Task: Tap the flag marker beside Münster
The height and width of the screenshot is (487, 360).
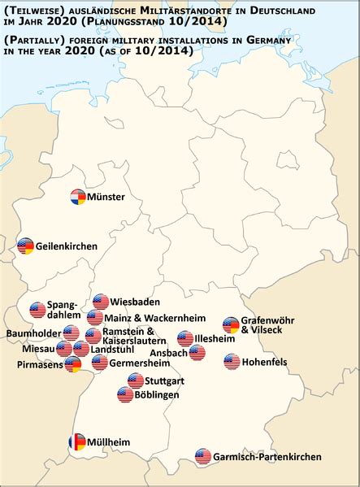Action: [78, 197]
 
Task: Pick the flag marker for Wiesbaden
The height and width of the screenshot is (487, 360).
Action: [101, 302]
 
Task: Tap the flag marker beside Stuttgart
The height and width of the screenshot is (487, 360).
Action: [136, 380]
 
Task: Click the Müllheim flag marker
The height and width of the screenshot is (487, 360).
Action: [76, 442]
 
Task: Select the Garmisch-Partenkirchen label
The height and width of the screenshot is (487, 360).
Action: [262, 458]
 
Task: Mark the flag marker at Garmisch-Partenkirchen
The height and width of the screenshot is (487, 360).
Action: [203, 457]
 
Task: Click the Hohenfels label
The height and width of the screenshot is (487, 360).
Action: [270, 362]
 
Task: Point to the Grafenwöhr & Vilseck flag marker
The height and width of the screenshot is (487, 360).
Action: [231, 325]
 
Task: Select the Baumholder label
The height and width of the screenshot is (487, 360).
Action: [33, 333]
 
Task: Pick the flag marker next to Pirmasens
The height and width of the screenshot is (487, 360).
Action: [73, 365]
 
